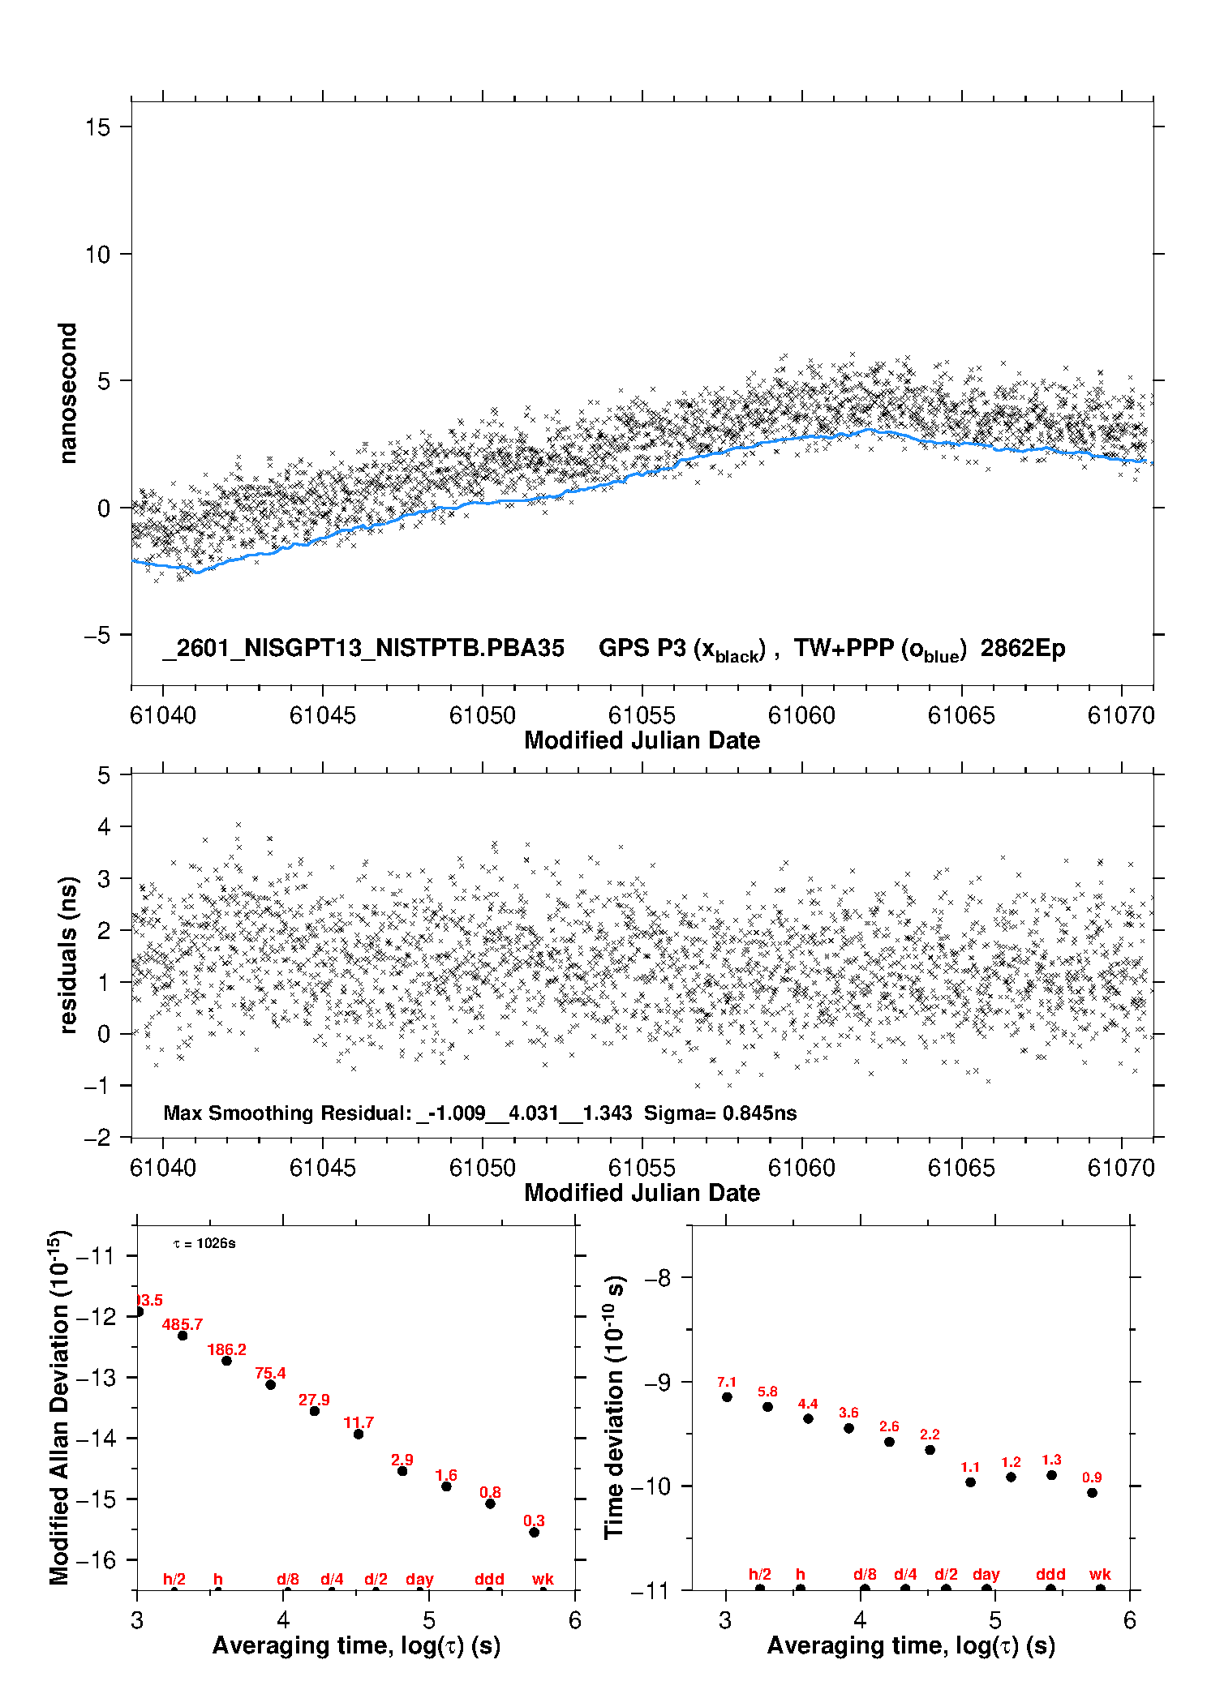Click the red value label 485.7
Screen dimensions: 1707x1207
[x=182, y=1324]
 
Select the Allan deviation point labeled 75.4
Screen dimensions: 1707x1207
[x=270, y=1384]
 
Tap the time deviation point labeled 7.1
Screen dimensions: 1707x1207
[x=727, y=1396]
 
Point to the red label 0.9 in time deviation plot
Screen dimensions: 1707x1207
[x=1092, y=1478]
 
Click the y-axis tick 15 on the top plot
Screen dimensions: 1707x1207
[x=98, y=127]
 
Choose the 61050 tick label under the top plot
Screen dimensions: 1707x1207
[x=482, y=715]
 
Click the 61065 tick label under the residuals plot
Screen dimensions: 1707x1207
[x=960, y=1168]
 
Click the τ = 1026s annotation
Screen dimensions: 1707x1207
[x=204, y=1244]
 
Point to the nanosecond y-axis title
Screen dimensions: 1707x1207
[x=67, y=393]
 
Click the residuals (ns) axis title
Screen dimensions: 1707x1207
[x=69, y=954]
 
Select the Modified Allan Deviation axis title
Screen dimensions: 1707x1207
[x=59, y=1407]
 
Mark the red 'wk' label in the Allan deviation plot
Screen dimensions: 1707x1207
[x=543, y=1579]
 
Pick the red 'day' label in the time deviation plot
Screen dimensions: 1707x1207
[x=986, y=1574]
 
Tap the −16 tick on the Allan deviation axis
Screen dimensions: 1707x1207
[x=95, y=1559]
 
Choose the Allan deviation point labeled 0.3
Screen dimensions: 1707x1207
[x=534, y=1532]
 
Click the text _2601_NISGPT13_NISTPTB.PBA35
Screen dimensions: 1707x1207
[x=363, y=648]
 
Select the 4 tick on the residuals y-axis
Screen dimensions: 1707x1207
[x=104, y=826]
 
